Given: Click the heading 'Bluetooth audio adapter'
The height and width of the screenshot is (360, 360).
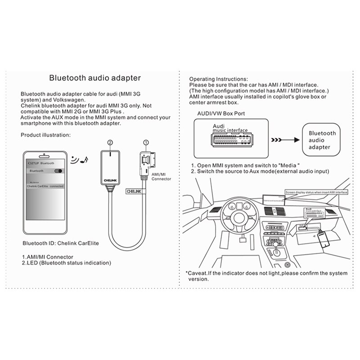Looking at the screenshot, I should click(x=95, y=78).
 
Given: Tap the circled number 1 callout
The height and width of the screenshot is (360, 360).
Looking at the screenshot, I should click(x=145, y=143).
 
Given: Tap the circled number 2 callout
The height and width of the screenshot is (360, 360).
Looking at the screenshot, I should click(x=109, y=143).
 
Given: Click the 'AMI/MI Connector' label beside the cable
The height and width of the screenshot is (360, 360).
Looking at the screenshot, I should click(x=162, y=176).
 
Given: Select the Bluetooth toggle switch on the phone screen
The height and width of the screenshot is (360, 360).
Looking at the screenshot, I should click(x=58, y=171).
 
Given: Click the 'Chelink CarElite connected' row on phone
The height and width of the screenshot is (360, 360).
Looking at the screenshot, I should click(x=45, y=186).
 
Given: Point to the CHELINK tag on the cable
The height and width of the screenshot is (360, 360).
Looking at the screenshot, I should click(x=133, y=191).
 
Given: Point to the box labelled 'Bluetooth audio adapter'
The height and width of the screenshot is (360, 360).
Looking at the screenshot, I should click(x=322, y=140).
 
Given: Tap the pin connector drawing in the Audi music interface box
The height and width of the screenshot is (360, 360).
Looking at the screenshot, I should click(x=229, y=139).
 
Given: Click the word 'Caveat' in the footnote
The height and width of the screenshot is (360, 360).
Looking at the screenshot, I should click(x=198, y=273).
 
